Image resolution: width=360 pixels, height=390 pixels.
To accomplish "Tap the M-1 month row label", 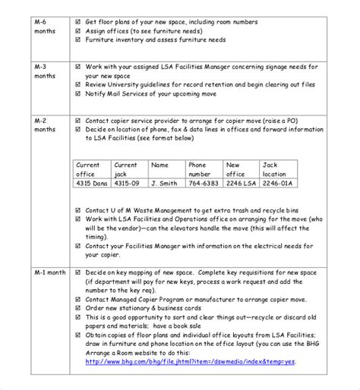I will (50, 272).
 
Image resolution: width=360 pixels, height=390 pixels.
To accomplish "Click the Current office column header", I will (88, 168).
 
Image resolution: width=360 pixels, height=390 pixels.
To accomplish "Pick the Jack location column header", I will (275, 168).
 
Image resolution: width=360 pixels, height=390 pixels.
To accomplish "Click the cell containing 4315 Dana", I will (92, 183).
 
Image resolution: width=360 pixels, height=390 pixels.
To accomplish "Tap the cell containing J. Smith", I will (164, 183).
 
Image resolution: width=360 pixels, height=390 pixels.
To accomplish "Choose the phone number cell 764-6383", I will (204, 183).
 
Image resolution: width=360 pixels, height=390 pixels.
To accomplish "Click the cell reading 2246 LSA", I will (241, 183).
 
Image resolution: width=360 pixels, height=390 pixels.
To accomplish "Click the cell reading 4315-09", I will (127, 183).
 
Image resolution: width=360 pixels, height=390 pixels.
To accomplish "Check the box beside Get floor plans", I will (79, 21).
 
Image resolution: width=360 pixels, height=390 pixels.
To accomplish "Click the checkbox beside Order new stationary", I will (79, 307).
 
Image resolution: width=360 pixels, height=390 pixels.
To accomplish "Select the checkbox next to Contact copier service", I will (79, 121).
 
